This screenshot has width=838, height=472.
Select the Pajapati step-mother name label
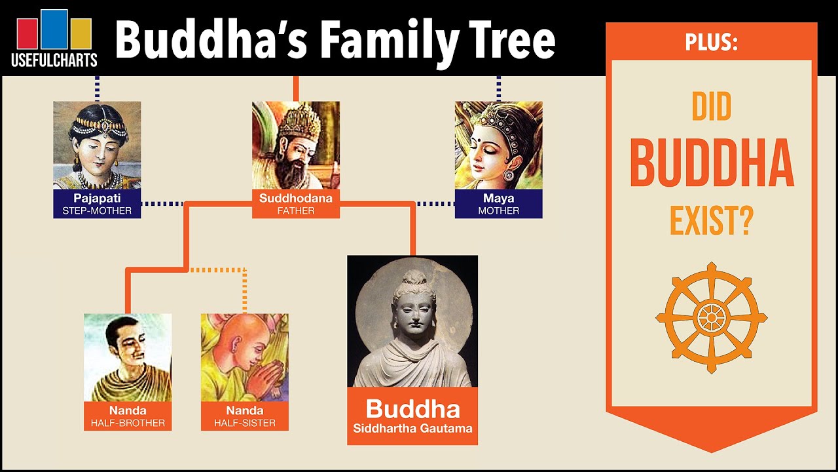(x=97, y=204)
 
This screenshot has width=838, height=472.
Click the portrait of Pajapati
(x=97, y=145)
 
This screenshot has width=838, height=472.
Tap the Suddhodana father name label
(x=296, y=204)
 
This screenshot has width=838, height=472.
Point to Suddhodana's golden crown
(x=298, y=121)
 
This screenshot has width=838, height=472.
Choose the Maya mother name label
(x=498, y=204)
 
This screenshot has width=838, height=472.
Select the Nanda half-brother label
(x=128, y=416)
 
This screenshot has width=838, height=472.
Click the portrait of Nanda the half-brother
(x=128, y=357)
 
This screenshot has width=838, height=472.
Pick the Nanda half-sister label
(x=244, y=416)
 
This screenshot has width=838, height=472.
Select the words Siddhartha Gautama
(x=412, y=429)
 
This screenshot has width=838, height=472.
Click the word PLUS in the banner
(x=711, y=43)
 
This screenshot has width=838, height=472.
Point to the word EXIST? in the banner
(x=711, y=221)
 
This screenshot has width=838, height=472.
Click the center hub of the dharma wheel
(x=711, y=318)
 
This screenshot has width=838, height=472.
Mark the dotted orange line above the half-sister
(x=244, y=288)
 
